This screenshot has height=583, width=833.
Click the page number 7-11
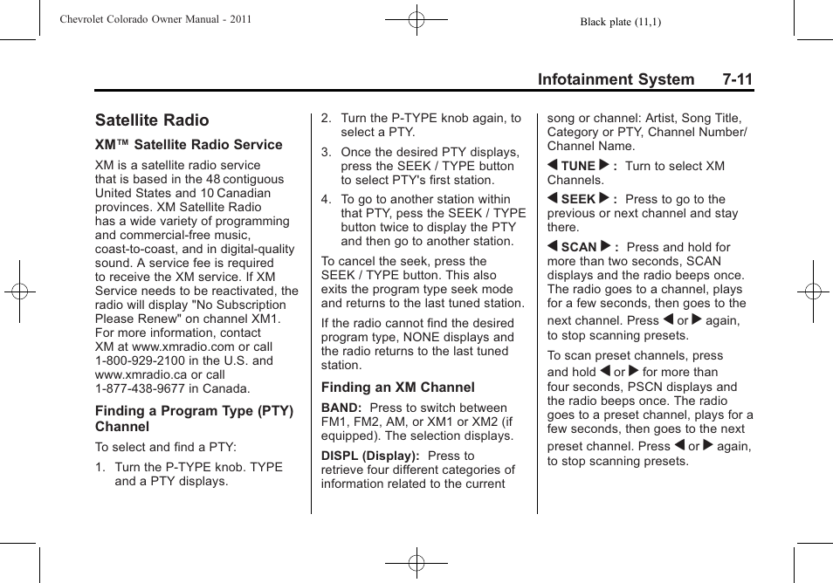point(737,79)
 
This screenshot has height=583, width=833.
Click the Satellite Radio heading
point(152,120)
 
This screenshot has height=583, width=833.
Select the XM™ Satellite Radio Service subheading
point(189,145)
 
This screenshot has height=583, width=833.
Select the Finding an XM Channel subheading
point(397,388)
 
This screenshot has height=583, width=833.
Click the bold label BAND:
point(341,408)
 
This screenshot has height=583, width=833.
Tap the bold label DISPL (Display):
point(370,456)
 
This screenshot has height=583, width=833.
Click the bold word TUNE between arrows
point(577,166)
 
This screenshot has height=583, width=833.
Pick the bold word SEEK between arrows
point(577,199)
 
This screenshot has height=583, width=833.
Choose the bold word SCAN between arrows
point(578,247)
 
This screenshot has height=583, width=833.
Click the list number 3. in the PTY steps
point(326,152)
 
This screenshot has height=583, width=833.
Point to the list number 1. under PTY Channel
point(100,467)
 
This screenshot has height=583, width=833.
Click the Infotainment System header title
point(616,79)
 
